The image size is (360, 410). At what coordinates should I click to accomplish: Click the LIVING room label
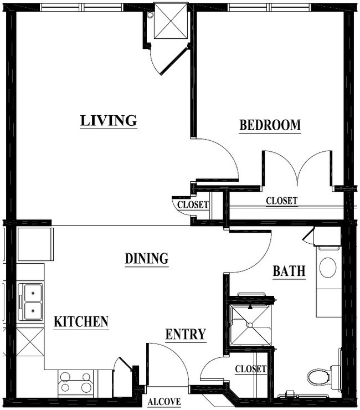click(109, 120)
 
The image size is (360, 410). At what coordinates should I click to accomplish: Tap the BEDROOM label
click(270, 125)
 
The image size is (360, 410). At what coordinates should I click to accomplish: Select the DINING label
click(146, 258)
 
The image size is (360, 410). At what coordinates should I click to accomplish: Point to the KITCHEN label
click(81, 322)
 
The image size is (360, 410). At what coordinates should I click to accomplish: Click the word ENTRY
click(186, 335)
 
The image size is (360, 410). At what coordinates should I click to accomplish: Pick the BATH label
click(289, 271)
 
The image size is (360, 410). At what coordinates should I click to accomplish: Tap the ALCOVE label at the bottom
click(164, 402)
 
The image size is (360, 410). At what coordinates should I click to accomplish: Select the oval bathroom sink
click(327, 268)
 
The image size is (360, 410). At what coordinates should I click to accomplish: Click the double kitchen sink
click(31, 302)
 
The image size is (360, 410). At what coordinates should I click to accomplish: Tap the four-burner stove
click(75, 382)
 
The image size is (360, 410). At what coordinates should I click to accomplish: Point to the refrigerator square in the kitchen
click(35, 244)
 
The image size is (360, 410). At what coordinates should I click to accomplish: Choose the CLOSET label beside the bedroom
click(281, 201)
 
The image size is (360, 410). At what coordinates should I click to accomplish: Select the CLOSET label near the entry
click(250, 369)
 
